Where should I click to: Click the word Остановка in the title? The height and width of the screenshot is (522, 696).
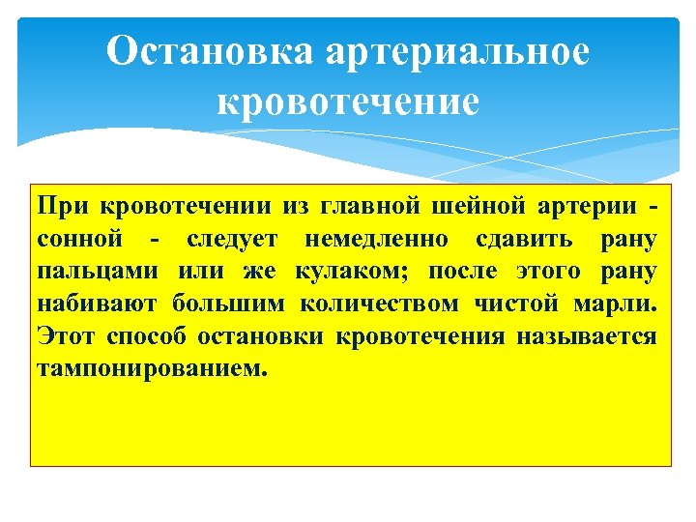tap(209, 52)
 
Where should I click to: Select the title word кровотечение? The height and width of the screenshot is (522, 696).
tap(348, 102)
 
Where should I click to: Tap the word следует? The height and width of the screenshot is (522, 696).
tap(232, 239)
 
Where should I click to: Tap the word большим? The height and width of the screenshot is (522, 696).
tap(229, 304)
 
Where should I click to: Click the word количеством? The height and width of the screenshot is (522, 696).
tap(379, 304)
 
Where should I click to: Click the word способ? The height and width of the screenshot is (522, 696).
tap(150, 337)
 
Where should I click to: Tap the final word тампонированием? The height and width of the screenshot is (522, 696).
tap(149, 369)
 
